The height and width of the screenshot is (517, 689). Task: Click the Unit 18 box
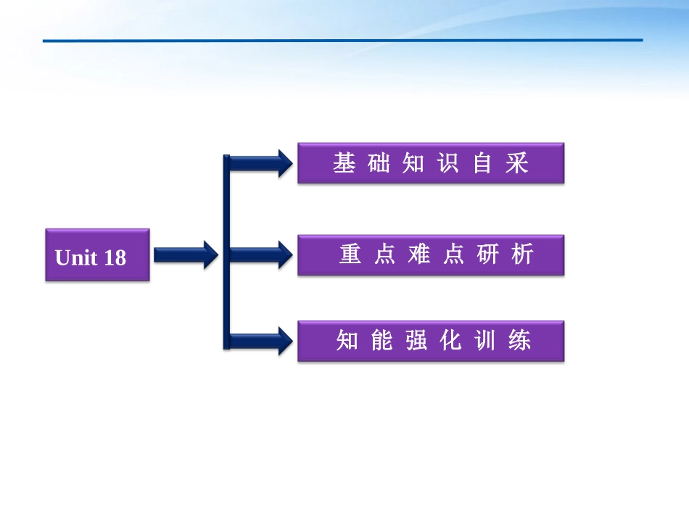click(97, 255)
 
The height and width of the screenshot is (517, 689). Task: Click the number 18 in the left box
click(115, 257)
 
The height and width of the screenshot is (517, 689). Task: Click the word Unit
click(76, 257)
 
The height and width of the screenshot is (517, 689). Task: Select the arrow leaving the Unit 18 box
click(185, 255)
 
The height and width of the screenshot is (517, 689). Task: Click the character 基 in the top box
click(344, 163)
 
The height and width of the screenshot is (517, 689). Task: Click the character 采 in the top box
click(517, 163)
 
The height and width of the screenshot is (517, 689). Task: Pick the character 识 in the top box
click(448, 163)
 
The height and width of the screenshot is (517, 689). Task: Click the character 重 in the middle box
click(350, 255)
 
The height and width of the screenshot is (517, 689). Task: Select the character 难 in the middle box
click(418, 255)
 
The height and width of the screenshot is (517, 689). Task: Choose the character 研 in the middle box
click(488, 255)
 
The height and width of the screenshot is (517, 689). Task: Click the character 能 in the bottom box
click(381, 340)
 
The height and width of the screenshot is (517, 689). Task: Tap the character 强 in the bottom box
click(416, 340)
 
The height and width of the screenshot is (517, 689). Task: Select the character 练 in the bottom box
click(519, 340)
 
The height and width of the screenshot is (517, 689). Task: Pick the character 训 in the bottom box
click(485, 340)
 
